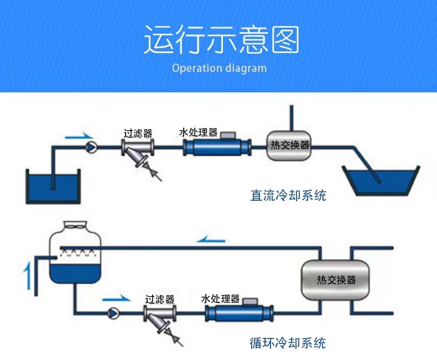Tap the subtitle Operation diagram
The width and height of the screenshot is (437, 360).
click(x=219, y=69)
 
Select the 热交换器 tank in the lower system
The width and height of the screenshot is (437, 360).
click(x=336, y=279)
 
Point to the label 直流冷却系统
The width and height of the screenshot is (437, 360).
click(x=288, y=195)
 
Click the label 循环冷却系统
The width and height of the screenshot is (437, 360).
click(x=288, y=343)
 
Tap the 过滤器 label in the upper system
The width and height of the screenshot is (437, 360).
click(x=138, y=133)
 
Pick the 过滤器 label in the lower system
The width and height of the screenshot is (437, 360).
click(x=160, y=299)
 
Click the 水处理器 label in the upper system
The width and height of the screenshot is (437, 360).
click(x=198, y=133)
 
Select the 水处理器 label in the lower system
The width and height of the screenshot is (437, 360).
click(x=220, y=299)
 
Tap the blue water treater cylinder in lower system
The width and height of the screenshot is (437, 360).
click(x=238, y=314)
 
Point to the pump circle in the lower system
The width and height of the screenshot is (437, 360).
click(x=113, y=313)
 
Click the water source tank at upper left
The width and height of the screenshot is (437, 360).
click(x=53, y=186)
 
